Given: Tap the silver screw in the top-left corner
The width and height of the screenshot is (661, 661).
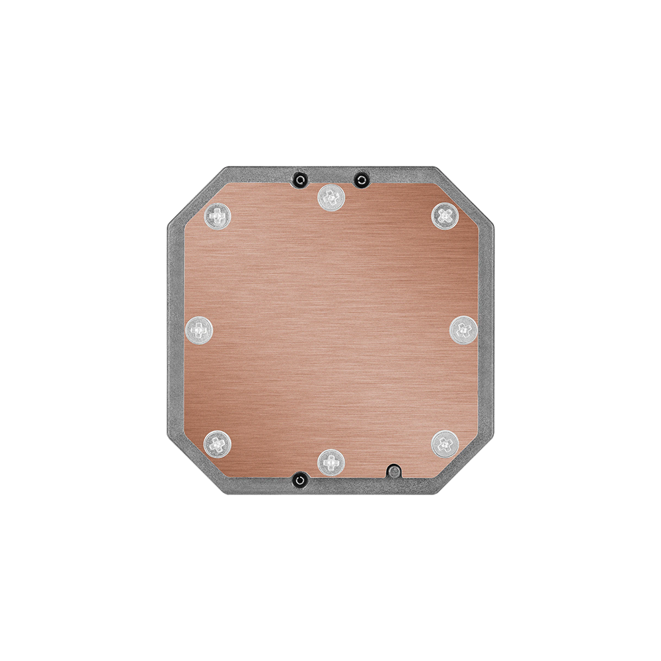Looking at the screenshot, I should [216, 215].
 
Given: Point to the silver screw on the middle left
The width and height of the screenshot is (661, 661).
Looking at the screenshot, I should [198, 329].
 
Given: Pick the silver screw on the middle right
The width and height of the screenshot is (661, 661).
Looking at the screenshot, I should [463, 329].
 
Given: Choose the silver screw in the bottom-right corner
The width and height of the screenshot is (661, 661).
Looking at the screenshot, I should [444, 444].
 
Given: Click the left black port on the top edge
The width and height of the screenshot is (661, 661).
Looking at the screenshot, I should [300, 179].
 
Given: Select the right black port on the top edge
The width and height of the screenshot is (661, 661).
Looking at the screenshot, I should [360, 179].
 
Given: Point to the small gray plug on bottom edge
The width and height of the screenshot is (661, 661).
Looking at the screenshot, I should [394, 471].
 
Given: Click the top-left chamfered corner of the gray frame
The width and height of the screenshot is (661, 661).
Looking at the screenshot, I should [196, 196].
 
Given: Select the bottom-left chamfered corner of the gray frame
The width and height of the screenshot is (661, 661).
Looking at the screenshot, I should [196, 465].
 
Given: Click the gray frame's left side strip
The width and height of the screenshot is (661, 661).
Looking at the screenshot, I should [173, 330].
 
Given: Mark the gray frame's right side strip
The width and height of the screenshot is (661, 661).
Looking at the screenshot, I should [486, 330].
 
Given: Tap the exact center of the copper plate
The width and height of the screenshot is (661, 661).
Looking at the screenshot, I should [330, 330].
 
